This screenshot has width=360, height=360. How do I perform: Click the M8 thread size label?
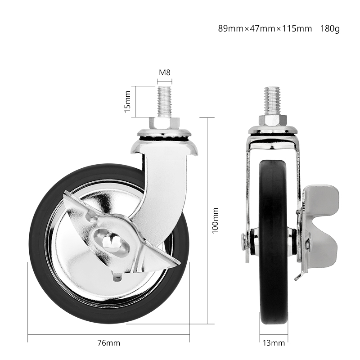(x=164, y=72)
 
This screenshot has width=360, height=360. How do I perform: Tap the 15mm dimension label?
(x=128, y=102)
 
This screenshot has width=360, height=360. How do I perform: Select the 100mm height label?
(x=215, y=220)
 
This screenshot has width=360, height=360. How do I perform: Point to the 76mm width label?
(x=109, y=343)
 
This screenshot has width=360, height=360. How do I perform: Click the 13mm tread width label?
(x=274, y=343)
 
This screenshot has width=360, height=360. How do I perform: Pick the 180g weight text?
(x=330, y=29)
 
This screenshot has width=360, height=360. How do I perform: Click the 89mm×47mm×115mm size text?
(x=265, y=29)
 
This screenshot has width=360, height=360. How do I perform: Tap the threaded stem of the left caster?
(x=164, y=101)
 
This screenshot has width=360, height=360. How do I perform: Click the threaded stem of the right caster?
(x=274, y=101)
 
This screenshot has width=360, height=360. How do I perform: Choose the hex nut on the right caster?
(x=274, y=121)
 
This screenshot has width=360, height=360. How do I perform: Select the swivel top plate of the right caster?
(x=274, y=130)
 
